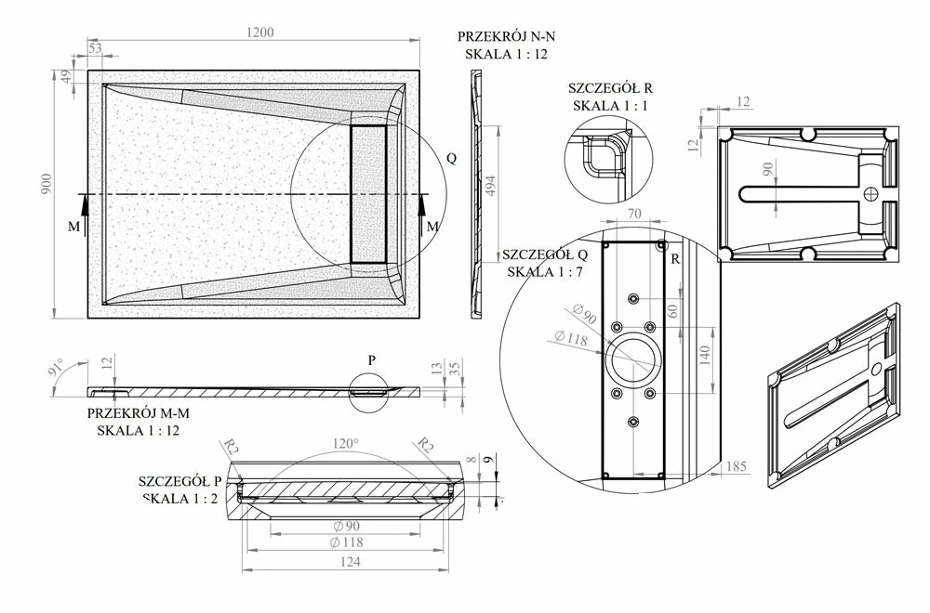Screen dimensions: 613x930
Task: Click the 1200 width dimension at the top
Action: click(260, 33)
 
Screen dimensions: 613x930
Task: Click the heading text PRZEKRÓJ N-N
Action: click(506, 37)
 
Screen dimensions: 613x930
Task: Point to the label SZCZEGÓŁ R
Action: click(610, 88)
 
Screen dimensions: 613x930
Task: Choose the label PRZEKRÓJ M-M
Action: click(135, 412)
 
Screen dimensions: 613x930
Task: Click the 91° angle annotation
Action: click(58, 369)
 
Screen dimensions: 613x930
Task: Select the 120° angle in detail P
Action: click(345, 444)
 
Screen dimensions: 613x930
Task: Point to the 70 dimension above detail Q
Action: click(635, 215)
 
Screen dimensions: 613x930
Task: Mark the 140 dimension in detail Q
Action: click(705, 353)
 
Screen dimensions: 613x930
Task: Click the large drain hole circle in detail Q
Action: click(633, 356)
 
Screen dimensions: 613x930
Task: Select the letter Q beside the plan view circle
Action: click(452, 158)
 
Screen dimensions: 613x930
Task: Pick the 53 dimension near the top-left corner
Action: click(95, 47)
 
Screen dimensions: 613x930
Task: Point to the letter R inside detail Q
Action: click(674, 259)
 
